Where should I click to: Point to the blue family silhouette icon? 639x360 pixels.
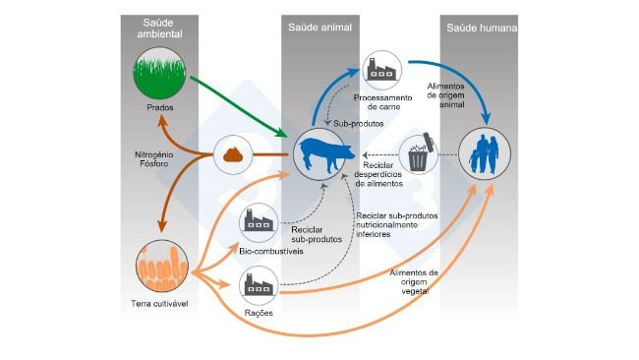(484, 156)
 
